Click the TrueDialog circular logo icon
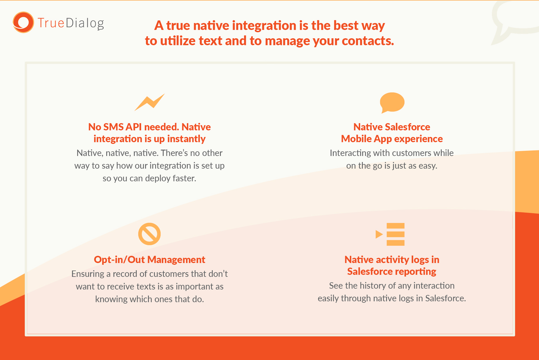pyautogui.click(x=23, y=22)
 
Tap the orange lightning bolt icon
pyautogui.click(x=150, y=102)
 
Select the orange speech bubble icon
pyautogui.click(x=392, y=103)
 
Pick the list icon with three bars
pyautogui.click(x=390, y=234)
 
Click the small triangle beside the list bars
pyautogui.click(x=379, y=234)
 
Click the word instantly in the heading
pyautogui.click(x=186, y=139)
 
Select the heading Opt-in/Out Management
pyautogui.click(x=149, y=260)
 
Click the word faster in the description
pyautogui.click(x=185, y=178)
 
